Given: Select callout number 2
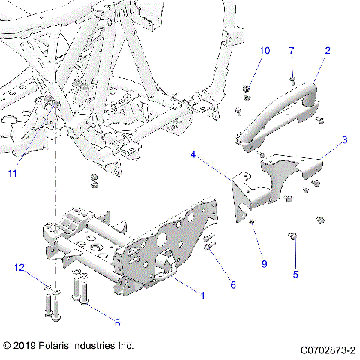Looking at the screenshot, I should [327, 51].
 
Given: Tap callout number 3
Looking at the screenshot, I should [344, 140].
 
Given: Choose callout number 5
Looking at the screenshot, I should [295, 274].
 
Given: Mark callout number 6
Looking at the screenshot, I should [232, 285].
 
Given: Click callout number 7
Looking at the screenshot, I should [292, 50].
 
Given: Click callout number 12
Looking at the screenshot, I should [19, 268].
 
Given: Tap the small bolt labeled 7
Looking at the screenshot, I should [292, 76].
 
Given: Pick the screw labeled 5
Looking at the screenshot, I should [293, 238].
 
